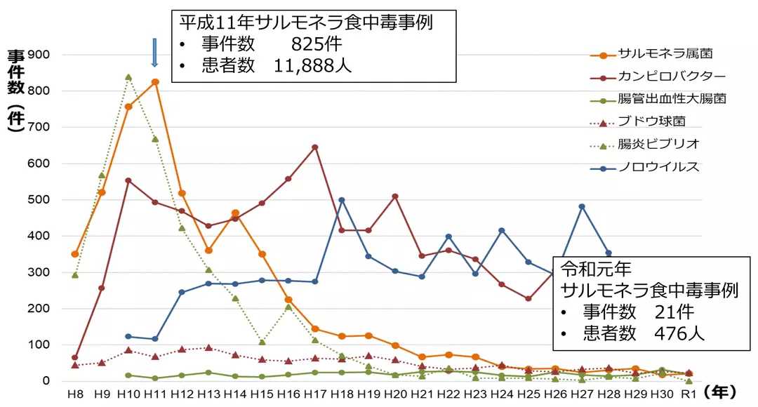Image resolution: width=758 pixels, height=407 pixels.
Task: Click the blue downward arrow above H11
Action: pyautogui.click(x=154, y=53)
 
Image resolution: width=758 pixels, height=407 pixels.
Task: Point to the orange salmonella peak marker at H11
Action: pyautogui.click(x=155, y=82)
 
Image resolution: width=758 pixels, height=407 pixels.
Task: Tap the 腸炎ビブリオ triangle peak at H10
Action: pyautogui.click(x=128, y=77)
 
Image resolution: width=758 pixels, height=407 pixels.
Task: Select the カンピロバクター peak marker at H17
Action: pyautogui.click(x=314, y=147)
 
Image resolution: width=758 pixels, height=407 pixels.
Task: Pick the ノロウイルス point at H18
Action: pyautogui.click(x=342, y=200)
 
